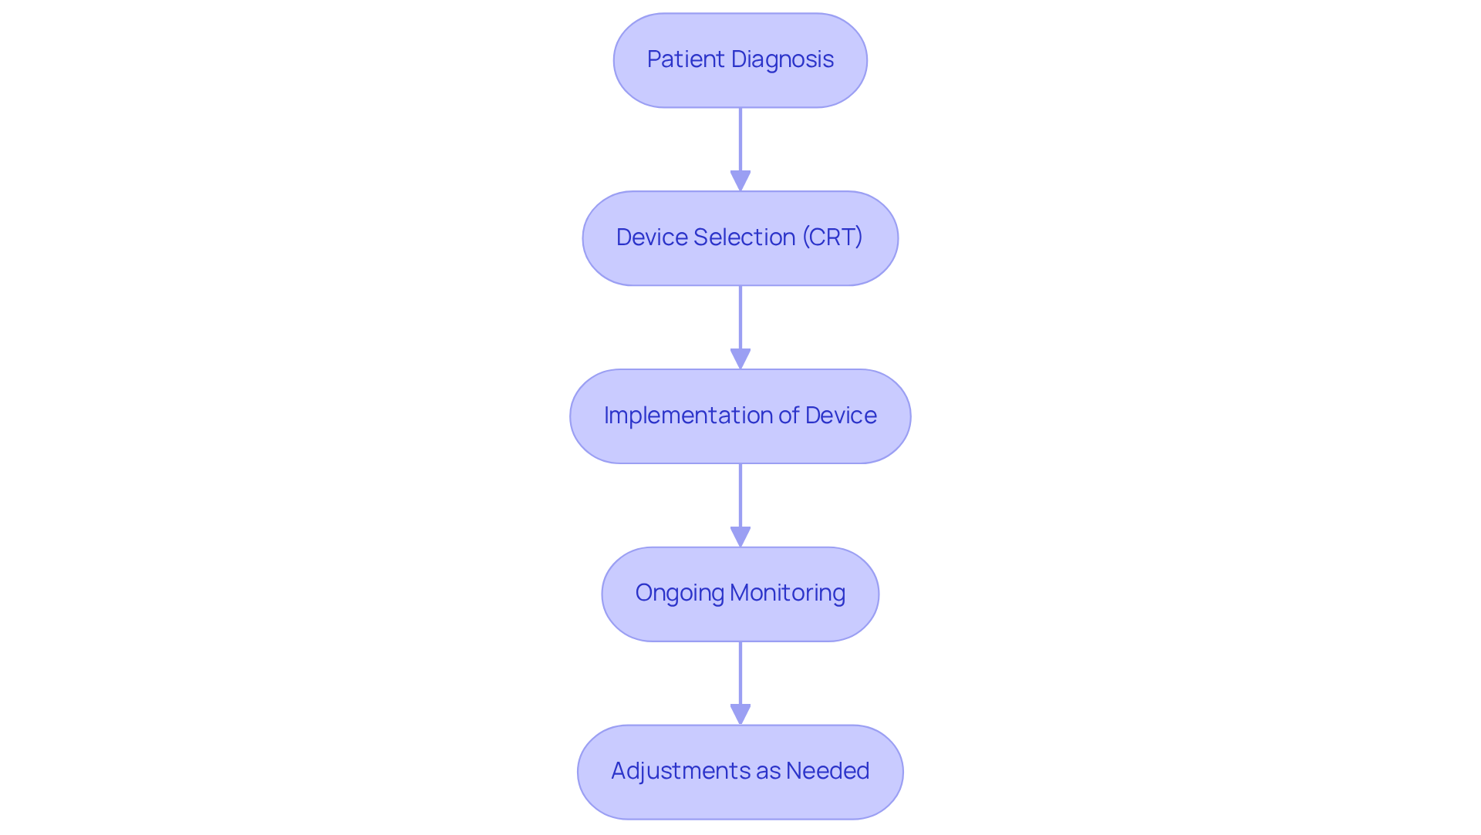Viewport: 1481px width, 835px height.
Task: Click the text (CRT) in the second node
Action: click(832, 237)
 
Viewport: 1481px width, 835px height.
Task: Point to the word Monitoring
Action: click(787, 593)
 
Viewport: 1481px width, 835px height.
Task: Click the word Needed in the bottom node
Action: click(827, 771)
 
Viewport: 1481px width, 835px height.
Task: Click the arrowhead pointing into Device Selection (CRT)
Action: click(740, 181)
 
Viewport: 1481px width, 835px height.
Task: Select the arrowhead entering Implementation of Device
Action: click(740, 359)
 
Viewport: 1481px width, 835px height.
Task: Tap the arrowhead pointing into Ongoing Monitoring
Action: click(740, 537)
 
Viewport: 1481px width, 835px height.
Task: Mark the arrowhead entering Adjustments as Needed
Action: click(740, 715)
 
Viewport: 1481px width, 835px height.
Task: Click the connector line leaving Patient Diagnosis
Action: click(740, 139)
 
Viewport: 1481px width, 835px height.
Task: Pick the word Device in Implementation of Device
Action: click(841, 416)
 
